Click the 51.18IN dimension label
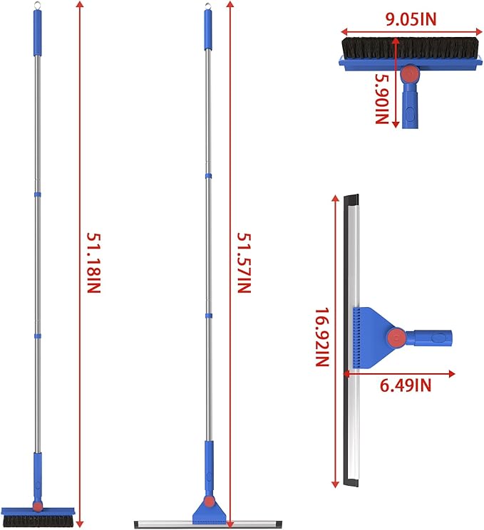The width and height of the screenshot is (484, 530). pyautogui.click(x=93, y=263)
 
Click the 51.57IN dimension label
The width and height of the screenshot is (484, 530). pyautogui.click(x=244, y=263)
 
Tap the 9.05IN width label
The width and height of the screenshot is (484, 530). pyautogui.click(x=411, y=19)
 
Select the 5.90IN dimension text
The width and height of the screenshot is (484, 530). pyautogui.click(x=382, y=99)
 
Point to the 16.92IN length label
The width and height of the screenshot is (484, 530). pyautogui.click(x=322, y=337)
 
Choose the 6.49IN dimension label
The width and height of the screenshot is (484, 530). pyautogui.click(x=406, y=385)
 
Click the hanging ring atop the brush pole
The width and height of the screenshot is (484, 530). pyautogui.click(x=37, y=6)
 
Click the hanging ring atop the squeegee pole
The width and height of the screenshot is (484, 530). pyautogui.click(x=207, y=6)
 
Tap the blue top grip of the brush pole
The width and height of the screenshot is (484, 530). pyautogui.click(x=38, y=33)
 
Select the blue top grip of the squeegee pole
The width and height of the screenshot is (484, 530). pyautogui.click(x=208, y=31)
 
